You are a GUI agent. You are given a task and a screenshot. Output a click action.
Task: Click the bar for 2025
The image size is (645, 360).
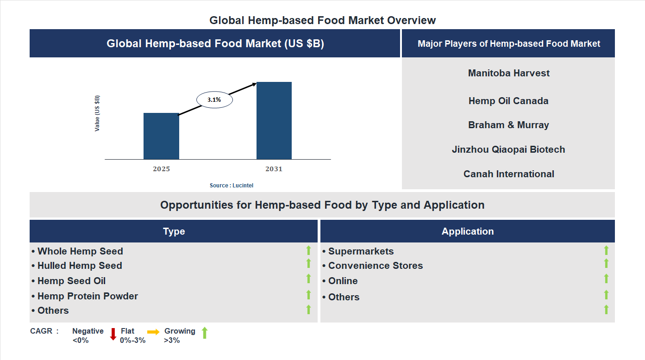pyautogui.click(x=161, y=136)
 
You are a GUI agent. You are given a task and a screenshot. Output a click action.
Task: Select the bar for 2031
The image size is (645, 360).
pyautogui.click(x=274, y=121)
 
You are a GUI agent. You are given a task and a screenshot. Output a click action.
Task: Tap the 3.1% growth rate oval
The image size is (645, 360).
pyautogui.click(x=214, y=99)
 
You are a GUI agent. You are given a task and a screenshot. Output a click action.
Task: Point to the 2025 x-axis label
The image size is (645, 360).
pyautogui.click(x=161, y=169)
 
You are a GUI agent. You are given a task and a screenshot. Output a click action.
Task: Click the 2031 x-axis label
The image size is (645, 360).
pyautogui.click(x=274, y=169)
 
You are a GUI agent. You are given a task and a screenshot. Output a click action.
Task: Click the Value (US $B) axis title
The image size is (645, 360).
pyautogui.click(x=97, y=113)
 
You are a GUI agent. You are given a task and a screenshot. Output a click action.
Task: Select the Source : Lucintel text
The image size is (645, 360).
pyautogui.click(x=232, y=186)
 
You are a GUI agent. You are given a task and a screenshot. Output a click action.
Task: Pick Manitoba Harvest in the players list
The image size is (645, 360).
pyautogui.click(x=508, y=73)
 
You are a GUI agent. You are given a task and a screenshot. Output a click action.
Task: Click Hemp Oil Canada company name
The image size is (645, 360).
pyautogui.click(x=508, y=101)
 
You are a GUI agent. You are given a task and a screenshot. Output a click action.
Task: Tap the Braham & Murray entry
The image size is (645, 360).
pyautogui.click(x=508, y=125)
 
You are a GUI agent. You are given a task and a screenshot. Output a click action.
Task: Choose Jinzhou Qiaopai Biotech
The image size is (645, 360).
pyautogui.click(x=508, y=149)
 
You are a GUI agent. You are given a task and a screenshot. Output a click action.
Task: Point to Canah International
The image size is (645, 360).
pyautogui.click(x=508, y=174)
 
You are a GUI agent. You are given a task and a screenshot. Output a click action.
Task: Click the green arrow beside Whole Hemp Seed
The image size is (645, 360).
pyautogui.click(x=308, y=250)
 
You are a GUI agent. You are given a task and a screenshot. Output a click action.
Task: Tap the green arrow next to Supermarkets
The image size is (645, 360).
pyautogui.click(x=606, y=250)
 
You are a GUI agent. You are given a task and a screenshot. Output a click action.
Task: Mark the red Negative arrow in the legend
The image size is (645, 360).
pyautogui.click(x=113, y=334)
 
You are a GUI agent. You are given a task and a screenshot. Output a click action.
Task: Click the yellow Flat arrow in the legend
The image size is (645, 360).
pyautogui.click(x=153, y=332)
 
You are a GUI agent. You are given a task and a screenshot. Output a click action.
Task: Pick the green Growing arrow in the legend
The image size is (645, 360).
pyautogui.click(x=205, y=333)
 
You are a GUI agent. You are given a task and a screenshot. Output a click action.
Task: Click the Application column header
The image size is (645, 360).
pyautogui.click(x=468, y=231)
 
